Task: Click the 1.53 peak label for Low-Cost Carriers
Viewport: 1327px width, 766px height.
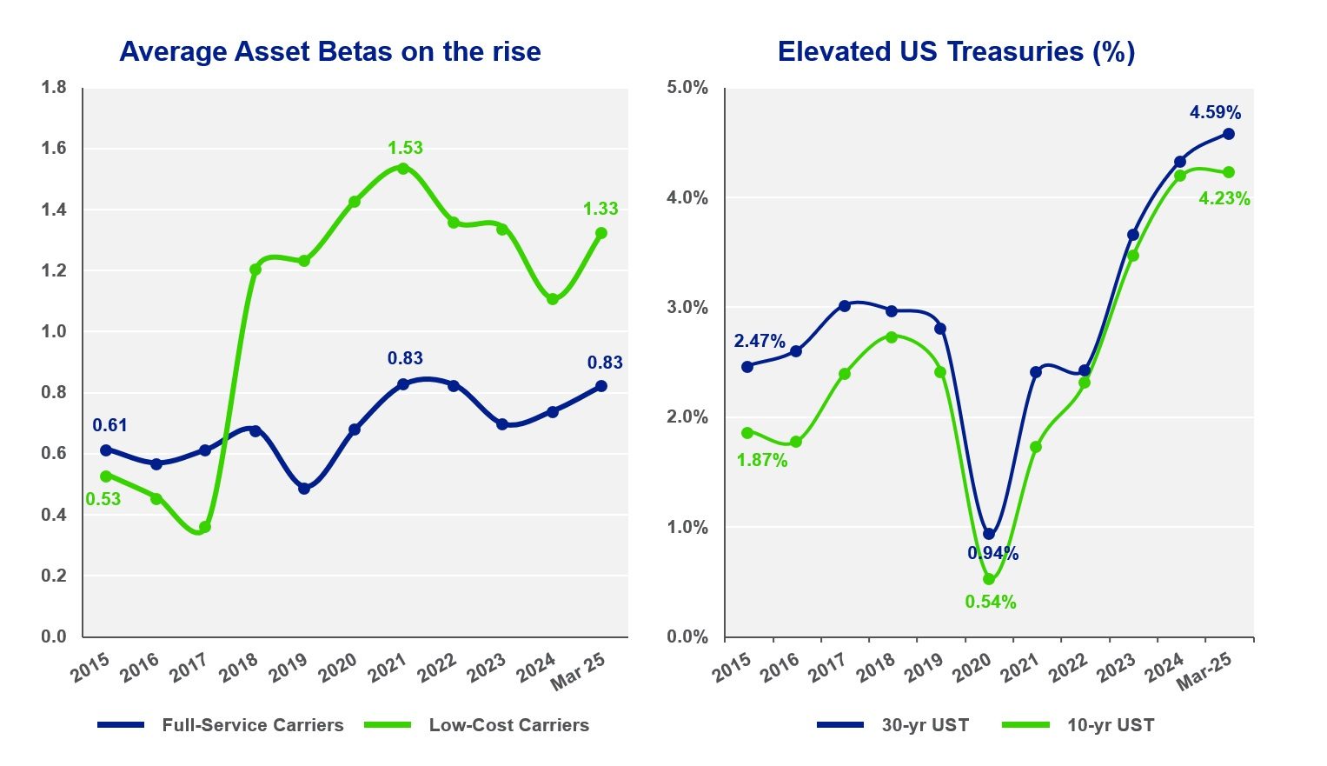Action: (405, 148)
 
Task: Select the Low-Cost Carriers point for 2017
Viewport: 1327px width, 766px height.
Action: (205, 527)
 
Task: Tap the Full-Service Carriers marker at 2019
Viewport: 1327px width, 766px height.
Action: (304, 489)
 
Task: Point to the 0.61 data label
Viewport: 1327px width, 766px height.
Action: (109, 425)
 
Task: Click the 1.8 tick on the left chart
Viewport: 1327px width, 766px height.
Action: (54, 87)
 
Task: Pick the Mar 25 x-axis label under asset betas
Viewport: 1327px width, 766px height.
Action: (579, 670)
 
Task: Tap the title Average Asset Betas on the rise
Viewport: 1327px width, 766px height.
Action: (330, 51)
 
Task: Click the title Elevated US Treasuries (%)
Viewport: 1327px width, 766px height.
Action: (956, 51)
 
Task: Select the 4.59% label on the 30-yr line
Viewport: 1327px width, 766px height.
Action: (1215, 112)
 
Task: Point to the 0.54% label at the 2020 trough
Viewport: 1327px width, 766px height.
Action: (991, 602)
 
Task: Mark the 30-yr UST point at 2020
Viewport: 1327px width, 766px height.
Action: (989, 534)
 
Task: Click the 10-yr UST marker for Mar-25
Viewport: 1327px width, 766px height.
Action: (1229, 172)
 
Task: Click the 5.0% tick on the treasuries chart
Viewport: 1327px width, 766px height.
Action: (687, 87)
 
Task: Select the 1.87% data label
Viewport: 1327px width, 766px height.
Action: (762, 460)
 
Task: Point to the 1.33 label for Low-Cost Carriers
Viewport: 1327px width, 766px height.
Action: (600, 209)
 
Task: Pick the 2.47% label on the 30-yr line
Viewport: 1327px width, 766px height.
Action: (760, 341)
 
